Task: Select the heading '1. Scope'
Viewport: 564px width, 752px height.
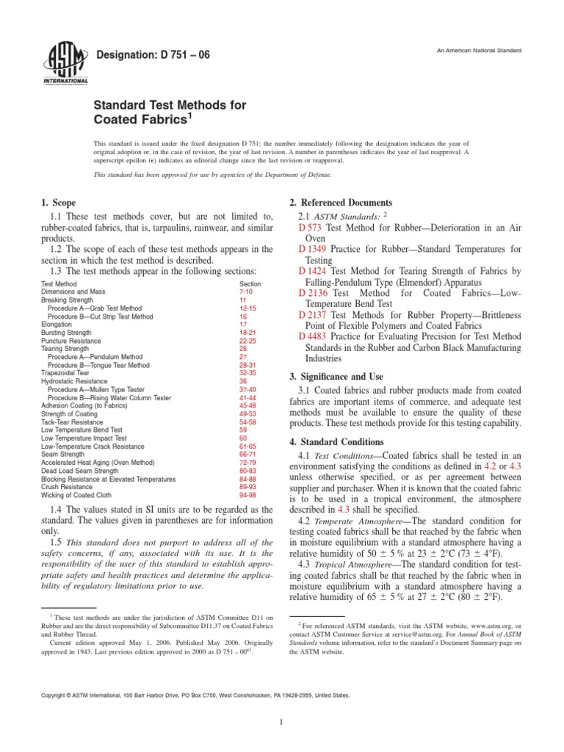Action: [59, 202]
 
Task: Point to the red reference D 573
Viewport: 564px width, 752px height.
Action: [312, 229]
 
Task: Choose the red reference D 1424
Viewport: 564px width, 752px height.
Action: [315, 272]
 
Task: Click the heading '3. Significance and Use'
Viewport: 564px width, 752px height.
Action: [339, 376]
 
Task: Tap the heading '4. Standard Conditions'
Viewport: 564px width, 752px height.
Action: [337, 442]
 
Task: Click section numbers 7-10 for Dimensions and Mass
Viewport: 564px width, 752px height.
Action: [248, 292]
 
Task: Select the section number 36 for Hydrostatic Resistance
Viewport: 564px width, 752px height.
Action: [244, 381]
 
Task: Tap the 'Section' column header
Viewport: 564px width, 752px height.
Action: [250, 283]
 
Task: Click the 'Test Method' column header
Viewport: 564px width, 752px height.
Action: [59, 283]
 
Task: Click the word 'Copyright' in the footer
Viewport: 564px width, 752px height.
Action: [55, 694]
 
